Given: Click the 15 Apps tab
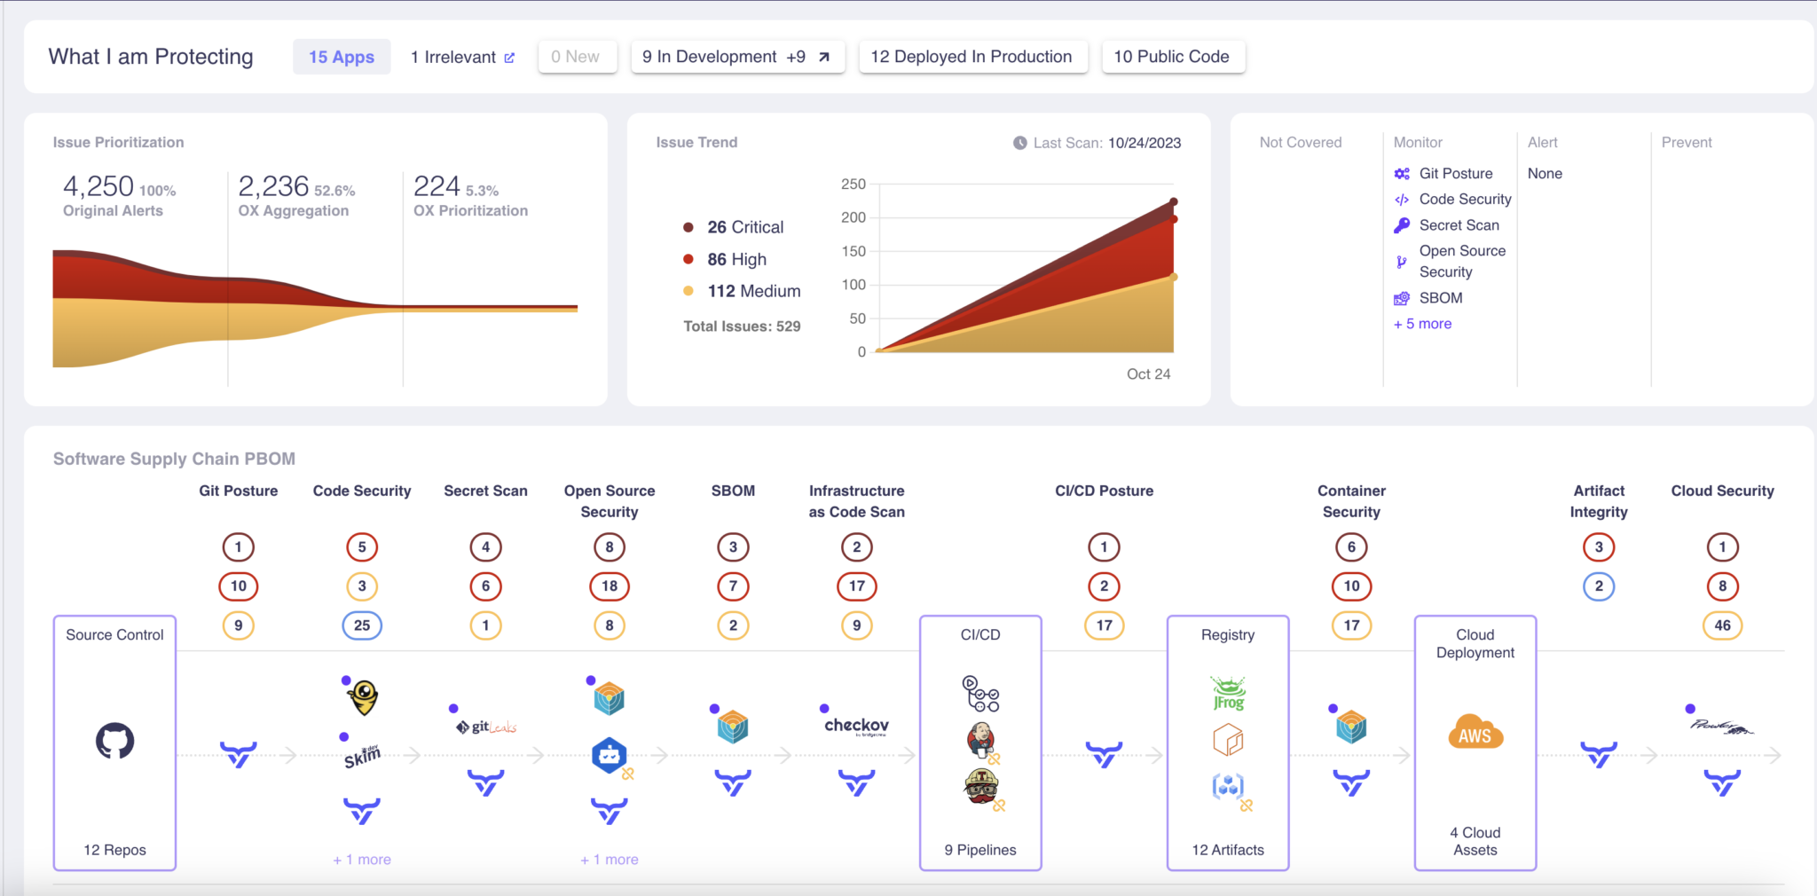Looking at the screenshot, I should pyautogui.click(x=342, y=57).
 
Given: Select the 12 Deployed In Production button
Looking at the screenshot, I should pyautogui.click(x=971, y=57).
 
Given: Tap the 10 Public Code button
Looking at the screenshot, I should pyautogui.click(x=1171, y=57).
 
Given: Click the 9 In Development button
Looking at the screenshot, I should pyautogui.click(x=736, y=57).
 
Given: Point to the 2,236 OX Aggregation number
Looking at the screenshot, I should pyautogui.click(x=273, y=186).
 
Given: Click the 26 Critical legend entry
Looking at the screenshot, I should pyautogui.click(x=744, y=227).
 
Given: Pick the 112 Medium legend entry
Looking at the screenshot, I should pyautogui.click(x=753, y=291).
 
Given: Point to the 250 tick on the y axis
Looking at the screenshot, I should pyautogui.click(x=853, y=185).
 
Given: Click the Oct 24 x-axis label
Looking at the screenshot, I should pyautogui.click(x=1148, y=374).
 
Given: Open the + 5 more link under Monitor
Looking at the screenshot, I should pyautogui.click(x=1422, y=324).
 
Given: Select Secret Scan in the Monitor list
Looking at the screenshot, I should pyautogui.click(x=1459, y=225).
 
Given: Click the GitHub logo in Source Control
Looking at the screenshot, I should pyautogui.click(x=115, y=741).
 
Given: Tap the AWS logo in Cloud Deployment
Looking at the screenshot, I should pyautogui.click(x=1475, y=733).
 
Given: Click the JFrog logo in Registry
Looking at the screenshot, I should pyautogui.click(x=1228, y=693).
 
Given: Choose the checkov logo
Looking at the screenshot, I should pyautogui.click(x=856, y=726).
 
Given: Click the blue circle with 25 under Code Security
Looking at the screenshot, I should pyautogui.click(x=362, y=625).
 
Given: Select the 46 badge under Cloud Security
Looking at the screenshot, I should pyautogui.click(x=1722, y=625).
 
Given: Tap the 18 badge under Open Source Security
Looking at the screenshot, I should pyautogui.click(x=610, y=586).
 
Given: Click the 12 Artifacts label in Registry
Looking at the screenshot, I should pyautogui.click(x=1228, y=850).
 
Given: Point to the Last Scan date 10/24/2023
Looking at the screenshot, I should pyautogui.click(x=1144, y=143).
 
